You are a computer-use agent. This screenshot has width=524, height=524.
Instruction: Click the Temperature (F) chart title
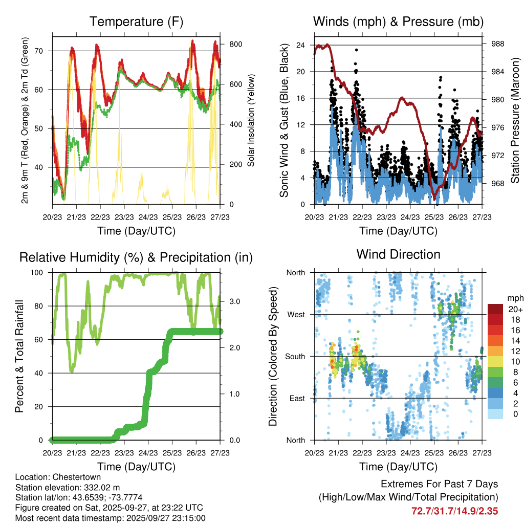click(x=136, y=21)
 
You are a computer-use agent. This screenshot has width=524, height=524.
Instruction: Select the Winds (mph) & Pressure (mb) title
click(x=398, y=21)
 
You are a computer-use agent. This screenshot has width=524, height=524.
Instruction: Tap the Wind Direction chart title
click(x=398, y=254)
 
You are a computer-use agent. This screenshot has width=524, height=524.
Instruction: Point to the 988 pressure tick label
click(x=498, y=44)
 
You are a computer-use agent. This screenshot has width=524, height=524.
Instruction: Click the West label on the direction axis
click(x=296, y=315)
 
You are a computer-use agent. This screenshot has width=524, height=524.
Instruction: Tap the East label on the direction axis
click(x=297, y=399)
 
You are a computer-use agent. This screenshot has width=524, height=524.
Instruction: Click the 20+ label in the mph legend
click(x=514, y=310)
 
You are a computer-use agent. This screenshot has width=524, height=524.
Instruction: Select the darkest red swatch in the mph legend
click(x=495, y=309)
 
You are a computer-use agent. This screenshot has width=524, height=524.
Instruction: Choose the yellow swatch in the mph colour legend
click(x=495, y=361)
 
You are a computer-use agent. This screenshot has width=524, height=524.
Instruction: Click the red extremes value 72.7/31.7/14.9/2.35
click(x=455, y=511)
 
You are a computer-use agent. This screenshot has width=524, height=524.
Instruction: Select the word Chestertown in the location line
click(x=79, y=477)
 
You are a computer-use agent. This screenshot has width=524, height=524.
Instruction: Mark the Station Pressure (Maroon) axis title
click(x=515, y=120)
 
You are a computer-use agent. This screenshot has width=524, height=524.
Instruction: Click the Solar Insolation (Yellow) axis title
click(x=252, y=120)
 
